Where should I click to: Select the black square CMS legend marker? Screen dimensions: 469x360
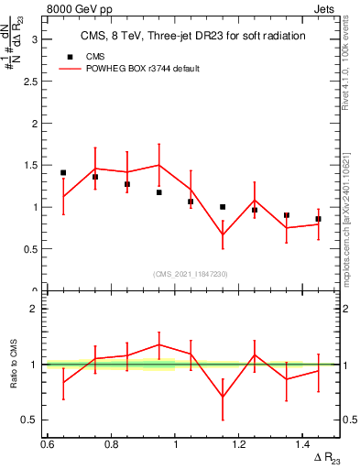click(67, 56)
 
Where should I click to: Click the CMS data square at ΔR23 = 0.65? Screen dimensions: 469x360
click(63, 172)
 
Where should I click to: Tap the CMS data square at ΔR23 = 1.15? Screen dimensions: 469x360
click(223, 207)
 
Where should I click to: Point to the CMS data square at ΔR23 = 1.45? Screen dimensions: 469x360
click(318, 219)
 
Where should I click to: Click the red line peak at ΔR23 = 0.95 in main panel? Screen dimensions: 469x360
click(159, 166)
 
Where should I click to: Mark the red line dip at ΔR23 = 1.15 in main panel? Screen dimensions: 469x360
click(223, 234)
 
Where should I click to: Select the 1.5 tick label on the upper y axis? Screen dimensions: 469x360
click(30, 165)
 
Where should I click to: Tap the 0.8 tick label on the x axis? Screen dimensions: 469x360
click(111, 443)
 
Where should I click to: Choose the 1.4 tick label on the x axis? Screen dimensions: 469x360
click(302, 443)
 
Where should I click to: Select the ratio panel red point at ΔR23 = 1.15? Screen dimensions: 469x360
click(223, 397)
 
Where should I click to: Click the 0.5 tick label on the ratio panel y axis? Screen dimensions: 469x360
click(30, 420)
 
